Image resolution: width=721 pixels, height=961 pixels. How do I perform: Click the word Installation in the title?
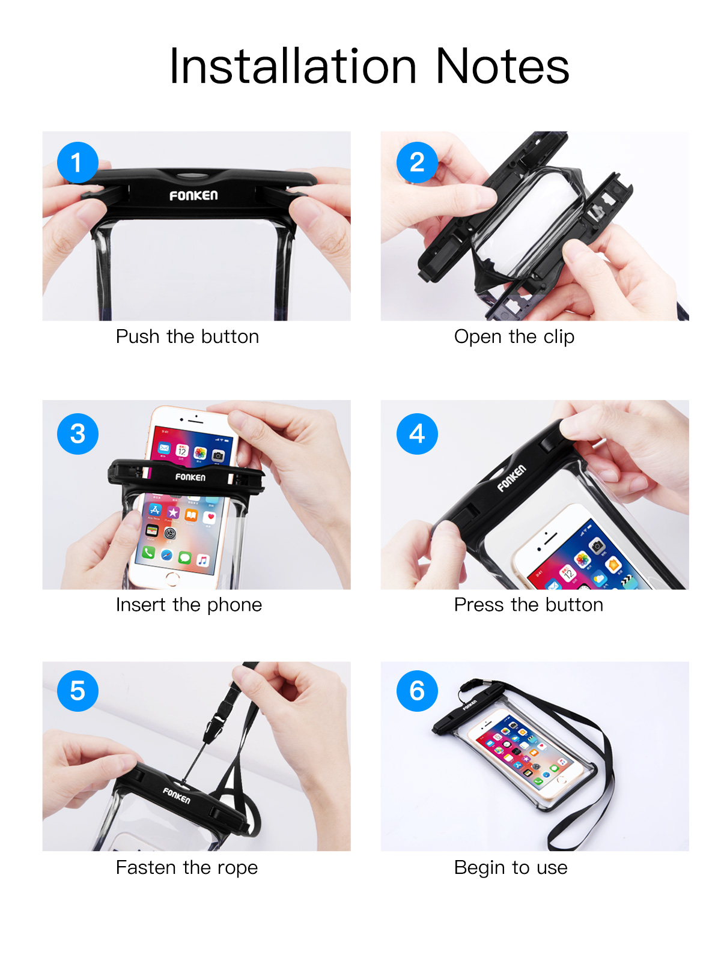coord(293,66)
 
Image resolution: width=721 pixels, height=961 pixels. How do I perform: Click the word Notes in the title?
coord(502,66)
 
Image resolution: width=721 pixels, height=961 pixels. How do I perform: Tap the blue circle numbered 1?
coord(78,163)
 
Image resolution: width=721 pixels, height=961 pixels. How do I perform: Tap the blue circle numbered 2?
coord(417,163)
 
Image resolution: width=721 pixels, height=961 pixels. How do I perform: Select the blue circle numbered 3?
coord(78,434)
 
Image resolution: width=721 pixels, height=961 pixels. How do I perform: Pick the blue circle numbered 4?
coord(417,434)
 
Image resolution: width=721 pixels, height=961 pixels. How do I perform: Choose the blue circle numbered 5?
coord(78,691)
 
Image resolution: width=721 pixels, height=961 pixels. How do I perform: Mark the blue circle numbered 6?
coord(417,691)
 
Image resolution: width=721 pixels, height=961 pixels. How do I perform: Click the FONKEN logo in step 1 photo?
coord(193,196)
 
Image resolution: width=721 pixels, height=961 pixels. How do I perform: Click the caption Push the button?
coord(187,336)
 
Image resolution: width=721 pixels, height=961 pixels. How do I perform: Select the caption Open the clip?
coord(514,336)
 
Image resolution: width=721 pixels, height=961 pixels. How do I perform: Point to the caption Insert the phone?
coord(189,604)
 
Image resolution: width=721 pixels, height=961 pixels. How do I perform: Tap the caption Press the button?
coord(528,604)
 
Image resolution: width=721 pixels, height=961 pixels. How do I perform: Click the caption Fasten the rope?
coord(186,867)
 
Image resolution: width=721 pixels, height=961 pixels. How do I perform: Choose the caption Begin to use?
coord(510,867)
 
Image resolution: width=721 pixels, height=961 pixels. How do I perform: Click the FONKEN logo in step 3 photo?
coord(190,477)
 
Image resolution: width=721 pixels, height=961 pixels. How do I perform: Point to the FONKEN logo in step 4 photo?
coord(511,478)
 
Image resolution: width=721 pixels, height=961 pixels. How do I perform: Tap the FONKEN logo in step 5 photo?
coord(177,796)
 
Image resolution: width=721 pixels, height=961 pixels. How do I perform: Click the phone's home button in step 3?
coord(172,578)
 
